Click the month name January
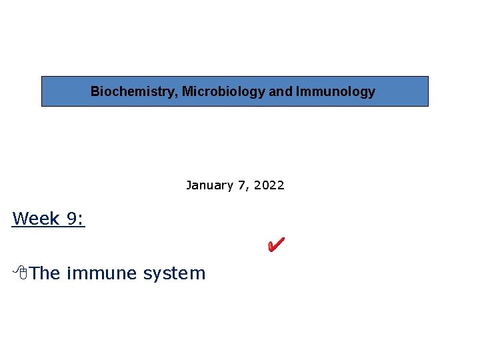207,185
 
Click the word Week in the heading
36,218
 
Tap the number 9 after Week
72,218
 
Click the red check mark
275,245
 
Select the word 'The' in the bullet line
45,273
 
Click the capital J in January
189,185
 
